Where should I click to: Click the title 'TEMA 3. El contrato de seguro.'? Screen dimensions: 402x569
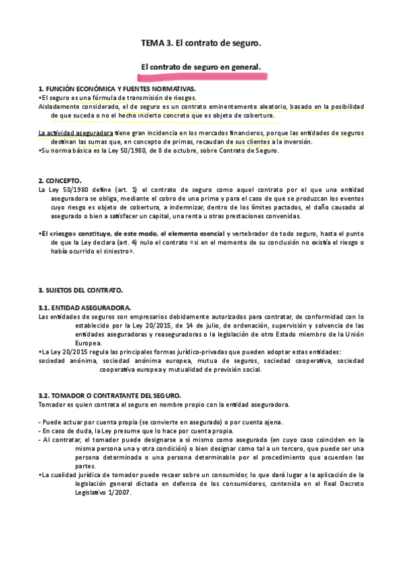pos(200,43)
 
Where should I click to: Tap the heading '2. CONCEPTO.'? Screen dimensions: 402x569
pos(60,181)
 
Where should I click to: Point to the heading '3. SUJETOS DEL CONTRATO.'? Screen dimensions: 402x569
pos(81,290)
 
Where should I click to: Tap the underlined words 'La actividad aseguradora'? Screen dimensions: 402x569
pos(75,133)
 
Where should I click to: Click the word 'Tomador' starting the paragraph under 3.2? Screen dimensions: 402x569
pos(52,405)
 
